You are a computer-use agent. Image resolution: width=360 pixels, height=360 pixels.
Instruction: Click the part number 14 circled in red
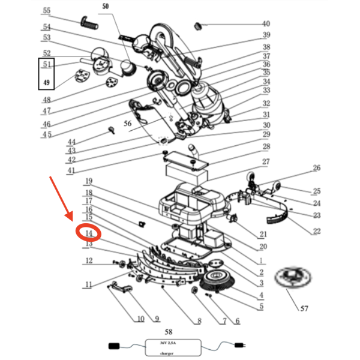click(x=88, y=233)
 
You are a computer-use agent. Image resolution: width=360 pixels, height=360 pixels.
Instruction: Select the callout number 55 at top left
click(x=47, y=11)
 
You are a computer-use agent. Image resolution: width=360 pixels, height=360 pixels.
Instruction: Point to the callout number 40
click(x=265, y=24)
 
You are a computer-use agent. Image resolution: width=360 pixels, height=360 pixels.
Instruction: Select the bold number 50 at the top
click(x=106, y=7)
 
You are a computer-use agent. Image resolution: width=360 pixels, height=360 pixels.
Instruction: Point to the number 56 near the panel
click(x=127, y=123)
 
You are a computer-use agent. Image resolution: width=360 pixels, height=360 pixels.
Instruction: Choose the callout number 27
click(x=266, y=162)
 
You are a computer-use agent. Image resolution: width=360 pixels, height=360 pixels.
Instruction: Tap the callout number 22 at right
click(x=317, y=232)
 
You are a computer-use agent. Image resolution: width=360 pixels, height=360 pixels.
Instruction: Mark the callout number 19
click(x=88, y=181)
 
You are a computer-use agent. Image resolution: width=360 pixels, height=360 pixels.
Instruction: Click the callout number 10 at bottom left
click(x=141, y=319)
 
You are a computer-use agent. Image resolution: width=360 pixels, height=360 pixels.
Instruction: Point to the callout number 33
click(x=266, y=91)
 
